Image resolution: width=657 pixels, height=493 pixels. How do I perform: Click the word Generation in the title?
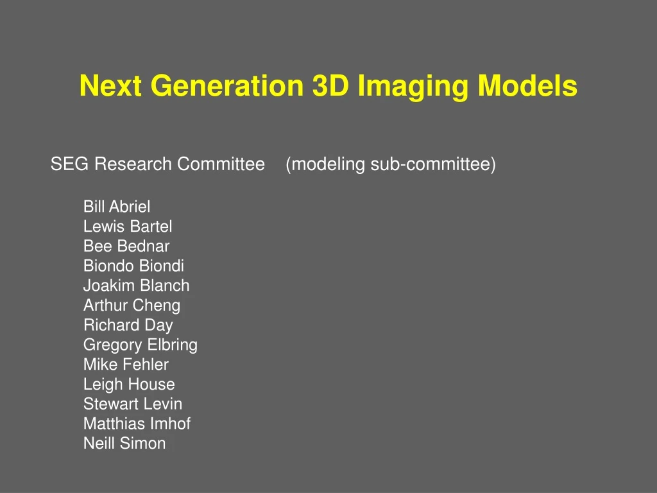point(227,86)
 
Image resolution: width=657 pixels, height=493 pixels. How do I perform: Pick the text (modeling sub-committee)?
point(391,165)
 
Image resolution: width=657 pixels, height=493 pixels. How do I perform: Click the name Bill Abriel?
point(117,207)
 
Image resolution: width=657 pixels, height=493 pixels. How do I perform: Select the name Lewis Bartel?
point(128,227)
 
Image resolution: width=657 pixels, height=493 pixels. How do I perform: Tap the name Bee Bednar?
point(126,246)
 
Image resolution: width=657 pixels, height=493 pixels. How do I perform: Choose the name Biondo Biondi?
point(133,266)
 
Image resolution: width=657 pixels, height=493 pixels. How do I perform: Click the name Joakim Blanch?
point(136,286)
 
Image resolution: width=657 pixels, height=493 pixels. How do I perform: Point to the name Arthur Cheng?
point(132,306)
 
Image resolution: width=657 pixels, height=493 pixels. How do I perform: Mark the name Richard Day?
point(128,325)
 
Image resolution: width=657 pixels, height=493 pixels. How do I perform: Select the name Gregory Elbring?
point(140,345)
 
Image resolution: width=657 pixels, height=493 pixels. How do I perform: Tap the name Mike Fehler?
point(126,365)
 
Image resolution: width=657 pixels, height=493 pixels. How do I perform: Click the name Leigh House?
point(129,385)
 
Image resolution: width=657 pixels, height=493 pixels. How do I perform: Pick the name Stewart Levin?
point(133,404)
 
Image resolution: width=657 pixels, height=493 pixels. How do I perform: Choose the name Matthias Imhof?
point(137,424)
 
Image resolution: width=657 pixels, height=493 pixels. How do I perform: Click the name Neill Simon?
point(124,444)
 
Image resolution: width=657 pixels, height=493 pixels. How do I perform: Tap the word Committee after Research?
point(221,164)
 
